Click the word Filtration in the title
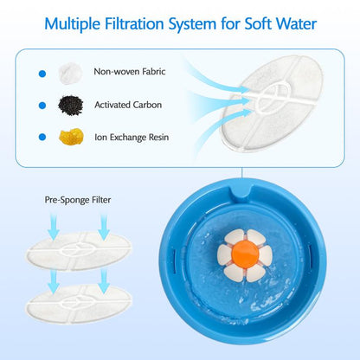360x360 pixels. click(134, 23)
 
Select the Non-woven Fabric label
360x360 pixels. click(130, 71)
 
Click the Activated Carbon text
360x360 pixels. click(128, 105)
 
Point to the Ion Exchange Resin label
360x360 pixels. click(132, 137)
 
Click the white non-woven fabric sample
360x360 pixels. click(70, 74)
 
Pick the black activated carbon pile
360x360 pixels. click(71, 106)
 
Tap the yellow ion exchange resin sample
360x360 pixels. click(71, 137)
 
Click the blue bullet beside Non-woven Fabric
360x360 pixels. click(42, 74)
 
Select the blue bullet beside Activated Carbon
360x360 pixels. click(42, 106)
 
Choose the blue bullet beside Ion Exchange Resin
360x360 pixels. click(42, 137)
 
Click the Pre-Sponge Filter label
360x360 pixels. click(78, 200)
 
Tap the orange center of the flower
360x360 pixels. click(245, 254)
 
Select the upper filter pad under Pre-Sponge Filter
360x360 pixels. click(79, 250)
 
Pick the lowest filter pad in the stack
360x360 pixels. click(79, 304)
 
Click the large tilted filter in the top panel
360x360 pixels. click(271, 102)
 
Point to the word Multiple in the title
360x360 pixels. click(73, 23)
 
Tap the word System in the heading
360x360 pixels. click(192, 23)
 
